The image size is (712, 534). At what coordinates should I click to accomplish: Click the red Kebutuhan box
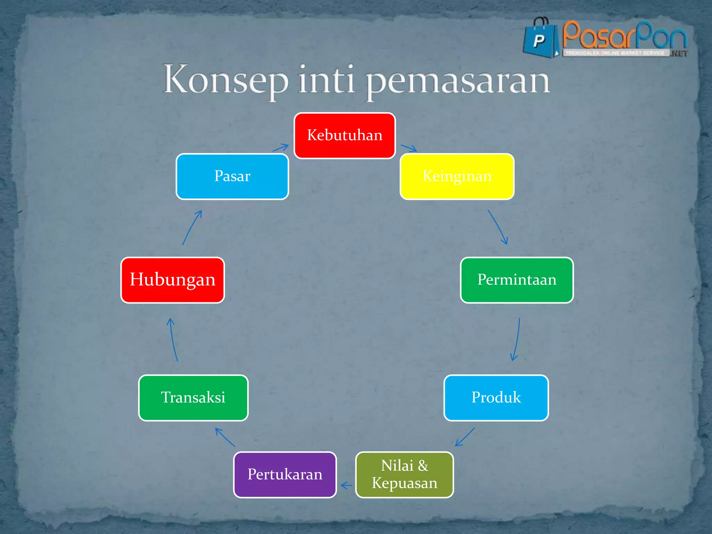tap(345, 136)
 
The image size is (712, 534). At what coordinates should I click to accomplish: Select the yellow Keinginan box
tap(457, 177)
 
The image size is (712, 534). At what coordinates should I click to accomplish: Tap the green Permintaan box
tap(517, 280)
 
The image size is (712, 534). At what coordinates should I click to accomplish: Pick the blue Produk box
tap(496, 398)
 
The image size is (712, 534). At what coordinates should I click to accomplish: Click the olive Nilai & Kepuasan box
tap(404, 475)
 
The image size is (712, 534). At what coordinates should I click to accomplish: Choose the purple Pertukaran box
tap(285, 475)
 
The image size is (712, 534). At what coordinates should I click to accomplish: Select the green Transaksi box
tap(193, 398)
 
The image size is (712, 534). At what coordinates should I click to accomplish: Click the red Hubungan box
tap(172, 280)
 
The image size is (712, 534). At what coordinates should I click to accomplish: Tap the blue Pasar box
tap(232, 177)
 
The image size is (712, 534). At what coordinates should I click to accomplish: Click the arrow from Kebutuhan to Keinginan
tap(409, 148)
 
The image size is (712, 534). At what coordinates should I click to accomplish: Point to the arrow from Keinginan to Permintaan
tap(498, 227)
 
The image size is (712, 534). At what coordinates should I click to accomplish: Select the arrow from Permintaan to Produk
tap(517, 339)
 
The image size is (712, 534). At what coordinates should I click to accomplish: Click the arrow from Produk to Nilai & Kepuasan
tap(465, 437)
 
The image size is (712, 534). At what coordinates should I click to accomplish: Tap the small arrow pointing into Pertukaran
tap(346, 485)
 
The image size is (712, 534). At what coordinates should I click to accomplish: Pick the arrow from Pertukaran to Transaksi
tap(225, 437)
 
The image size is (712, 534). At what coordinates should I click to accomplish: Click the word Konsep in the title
tap(225, 80)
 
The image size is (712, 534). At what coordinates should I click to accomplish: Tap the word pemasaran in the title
tap(458, 82)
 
